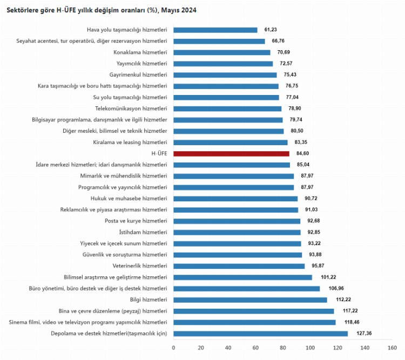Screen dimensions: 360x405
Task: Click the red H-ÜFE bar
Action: pyautogui.click(x=231, y=154)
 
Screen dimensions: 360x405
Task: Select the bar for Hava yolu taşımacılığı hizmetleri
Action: pyautogui.click(x=215, y=30)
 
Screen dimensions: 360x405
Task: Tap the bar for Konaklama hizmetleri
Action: pyautogui.click(x=222, y=52)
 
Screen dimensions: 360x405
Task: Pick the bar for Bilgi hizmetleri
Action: pyautogui.click(x=250, y=300)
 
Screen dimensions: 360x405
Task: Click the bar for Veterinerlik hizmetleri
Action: pyautogui.click(x=239, y=266)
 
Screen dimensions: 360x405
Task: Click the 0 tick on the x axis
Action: pyautogui.click(x=173, y=348)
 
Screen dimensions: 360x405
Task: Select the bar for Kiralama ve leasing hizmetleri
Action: pyautogui.click(x=231, y=142)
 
